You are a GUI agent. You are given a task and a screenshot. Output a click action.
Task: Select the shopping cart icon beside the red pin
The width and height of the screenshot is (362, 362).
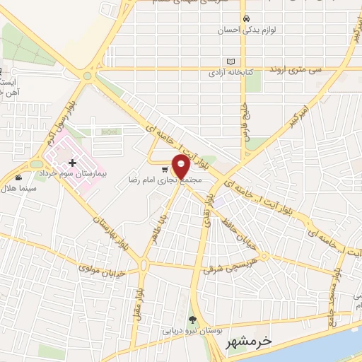point(164,169)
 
